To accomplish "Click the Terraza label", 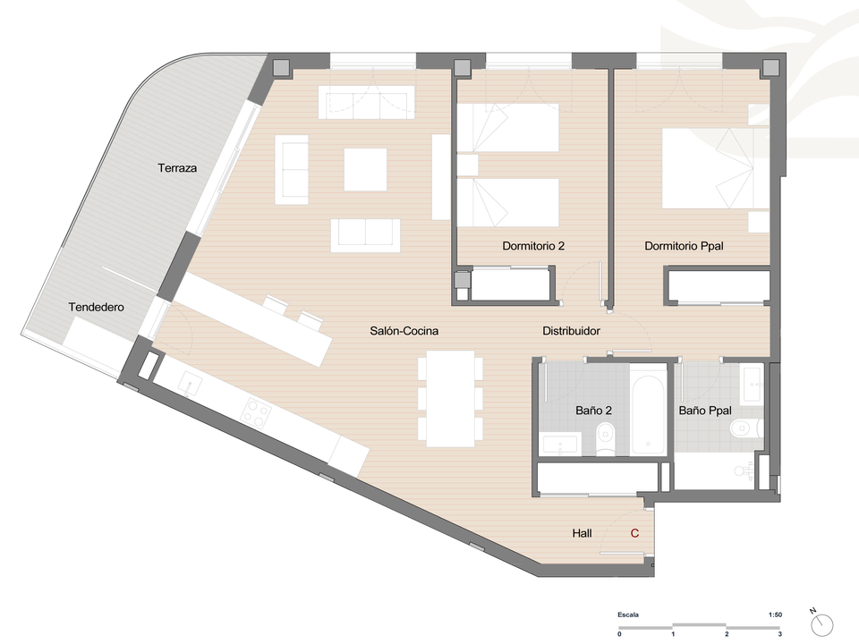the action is click(x=177, y=168).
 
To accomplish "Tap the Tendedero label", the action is click(x=97, y=307).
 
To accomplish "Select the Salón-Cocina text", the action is click(x=404, y=331).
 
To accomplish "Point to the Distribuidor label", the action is click(x=571, y=331).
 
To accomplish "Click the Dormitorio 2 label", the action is click(x=533, y=246).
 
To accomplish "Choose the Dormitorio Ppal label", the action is click(x=684, y=246).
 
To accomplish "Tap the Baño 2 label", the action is click(x=593, y=411).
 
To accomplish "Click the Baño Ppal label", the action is click(x=704, y=411).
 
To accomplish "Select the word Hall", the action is click(x=582, y=533).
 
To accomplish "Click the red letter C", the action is click(x=634, y=533).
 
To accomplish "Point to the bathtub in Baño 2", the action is click(x=648, y=409).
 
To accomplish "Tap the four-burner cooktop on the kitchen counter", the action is click(x=257, y=412).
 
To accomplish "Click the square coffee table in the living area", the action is click(x=365, y=170).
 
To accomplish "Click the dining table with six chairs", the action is click(x=450, y=399).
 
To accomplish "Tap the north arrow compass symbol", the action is click(x=821, y=623).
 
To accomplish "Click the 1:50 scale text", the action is click(x=775, y=615).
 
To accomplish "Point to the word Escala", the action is click(x=628, y=615).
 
